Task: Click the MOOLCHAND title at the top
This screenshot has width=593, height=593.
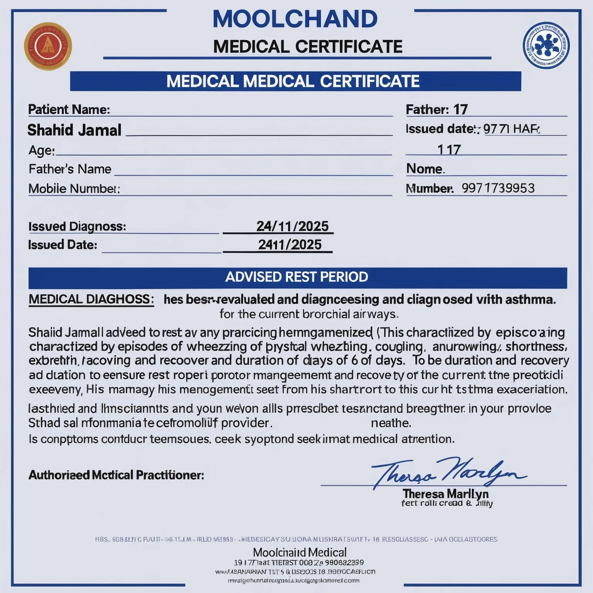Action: [295, 19]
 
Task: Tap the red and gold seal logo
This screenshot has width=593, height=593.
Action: [48, 46]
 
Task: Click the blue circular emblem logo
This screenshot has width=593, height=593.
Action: [546, 45]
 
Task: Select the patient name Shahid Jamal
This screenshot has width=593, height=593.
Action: [75, 130]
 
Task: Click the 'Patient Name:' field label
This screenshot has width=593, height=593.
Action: [69, 110]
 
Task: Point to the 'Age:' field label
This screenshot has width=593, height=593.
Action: [42, 150]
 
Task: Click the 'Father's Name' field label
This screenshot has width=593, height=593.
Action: [70, 169]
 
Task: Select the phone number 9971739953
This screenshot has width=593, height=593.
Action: [498, 188]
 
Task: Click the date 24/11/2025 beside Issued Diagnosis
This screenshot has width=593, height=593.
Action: [292, 226]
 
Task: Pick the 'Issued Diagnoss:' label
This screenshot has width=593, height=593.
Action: [77, 226]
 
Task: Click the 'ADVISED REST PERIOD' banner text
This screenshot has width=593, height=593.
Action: [296, 277]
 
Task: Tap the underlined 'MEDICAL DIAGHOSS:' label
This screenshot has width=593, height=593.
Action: [91, 299]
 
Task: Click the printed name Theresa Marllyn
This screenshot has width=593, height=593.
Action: [446, 494]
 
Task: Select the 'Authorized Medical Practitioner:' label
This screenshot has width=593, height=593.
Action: [116, 475]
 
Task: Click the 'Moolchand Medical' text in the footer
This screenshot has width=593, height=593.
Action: [300, 552]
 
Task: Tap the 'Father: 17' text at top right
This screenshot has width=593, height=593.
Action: [437, 110]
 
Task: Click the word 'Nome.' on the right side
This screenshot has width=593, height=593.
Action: [425, 169]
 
